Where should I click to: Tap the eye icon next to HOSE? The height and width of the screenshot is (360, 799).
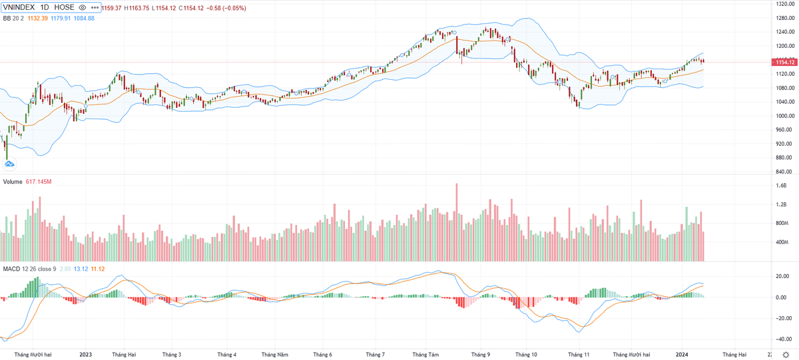82,7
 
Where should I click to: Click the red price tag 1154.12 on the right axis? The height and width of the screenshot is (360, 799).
782,62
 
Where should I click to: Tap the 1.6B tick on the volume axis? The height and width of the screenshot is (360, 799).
781,186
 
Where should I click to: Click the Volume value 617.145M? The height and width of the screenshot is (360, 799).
39,182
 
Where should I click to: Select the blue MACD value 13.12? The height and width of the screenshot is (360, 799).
81,268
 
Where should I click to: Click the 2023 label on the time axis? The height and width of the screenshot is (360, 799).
85,355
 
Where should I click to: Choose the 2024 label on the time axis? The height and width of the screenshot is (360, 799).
682,355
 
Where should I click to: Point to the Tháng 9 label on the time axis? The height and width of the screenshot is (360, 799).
480,355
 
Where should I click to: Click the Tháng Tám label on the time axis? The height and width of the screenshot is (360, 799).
426,355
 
